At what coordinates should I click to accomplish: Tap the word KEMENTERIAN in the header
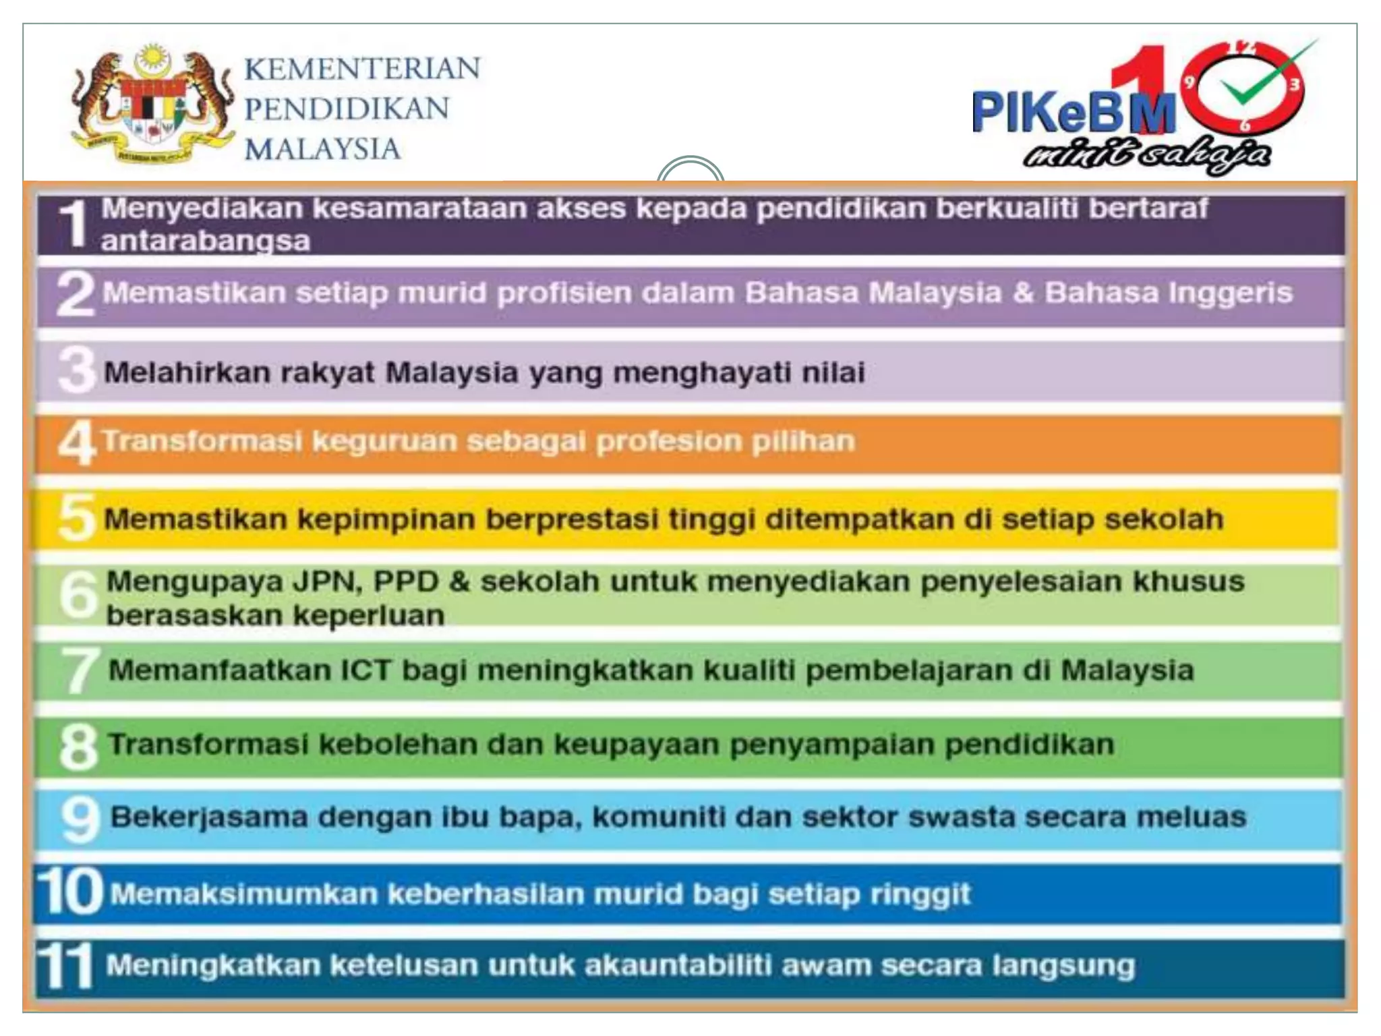362,69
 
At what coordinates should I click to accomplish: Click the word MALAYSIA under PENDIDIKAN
322,149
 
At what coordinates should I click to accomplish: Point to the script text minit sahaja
1146,155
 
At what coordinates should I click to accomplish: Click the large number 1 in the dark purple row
74,225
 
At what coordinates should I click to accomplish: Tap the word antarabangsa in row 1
206,241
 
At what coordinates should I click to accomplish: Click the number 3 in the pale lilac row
77,370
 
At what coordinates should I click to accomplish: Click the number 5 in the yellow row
77,518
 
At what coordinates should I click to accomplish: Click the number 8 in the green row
78,747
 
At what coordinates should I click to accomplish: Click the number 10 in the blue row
70,892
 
